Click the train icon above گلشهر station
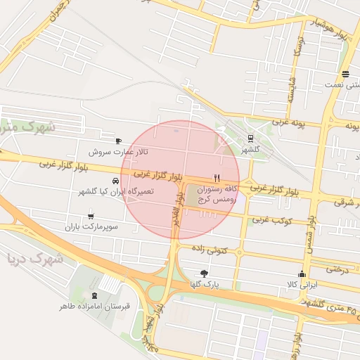(x=251, y=138)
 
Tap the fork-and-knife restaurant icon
(x=217, y=178)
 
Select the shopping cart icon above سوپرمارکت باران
(x=91, y=217)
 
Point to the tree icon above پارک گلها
(x=204, y=273)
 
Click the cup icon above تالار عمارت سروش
(x=117, y=141)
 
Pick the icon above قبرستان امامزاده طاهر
(x=95, y=295)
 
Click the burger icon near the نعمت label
(x=345, y=75)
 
